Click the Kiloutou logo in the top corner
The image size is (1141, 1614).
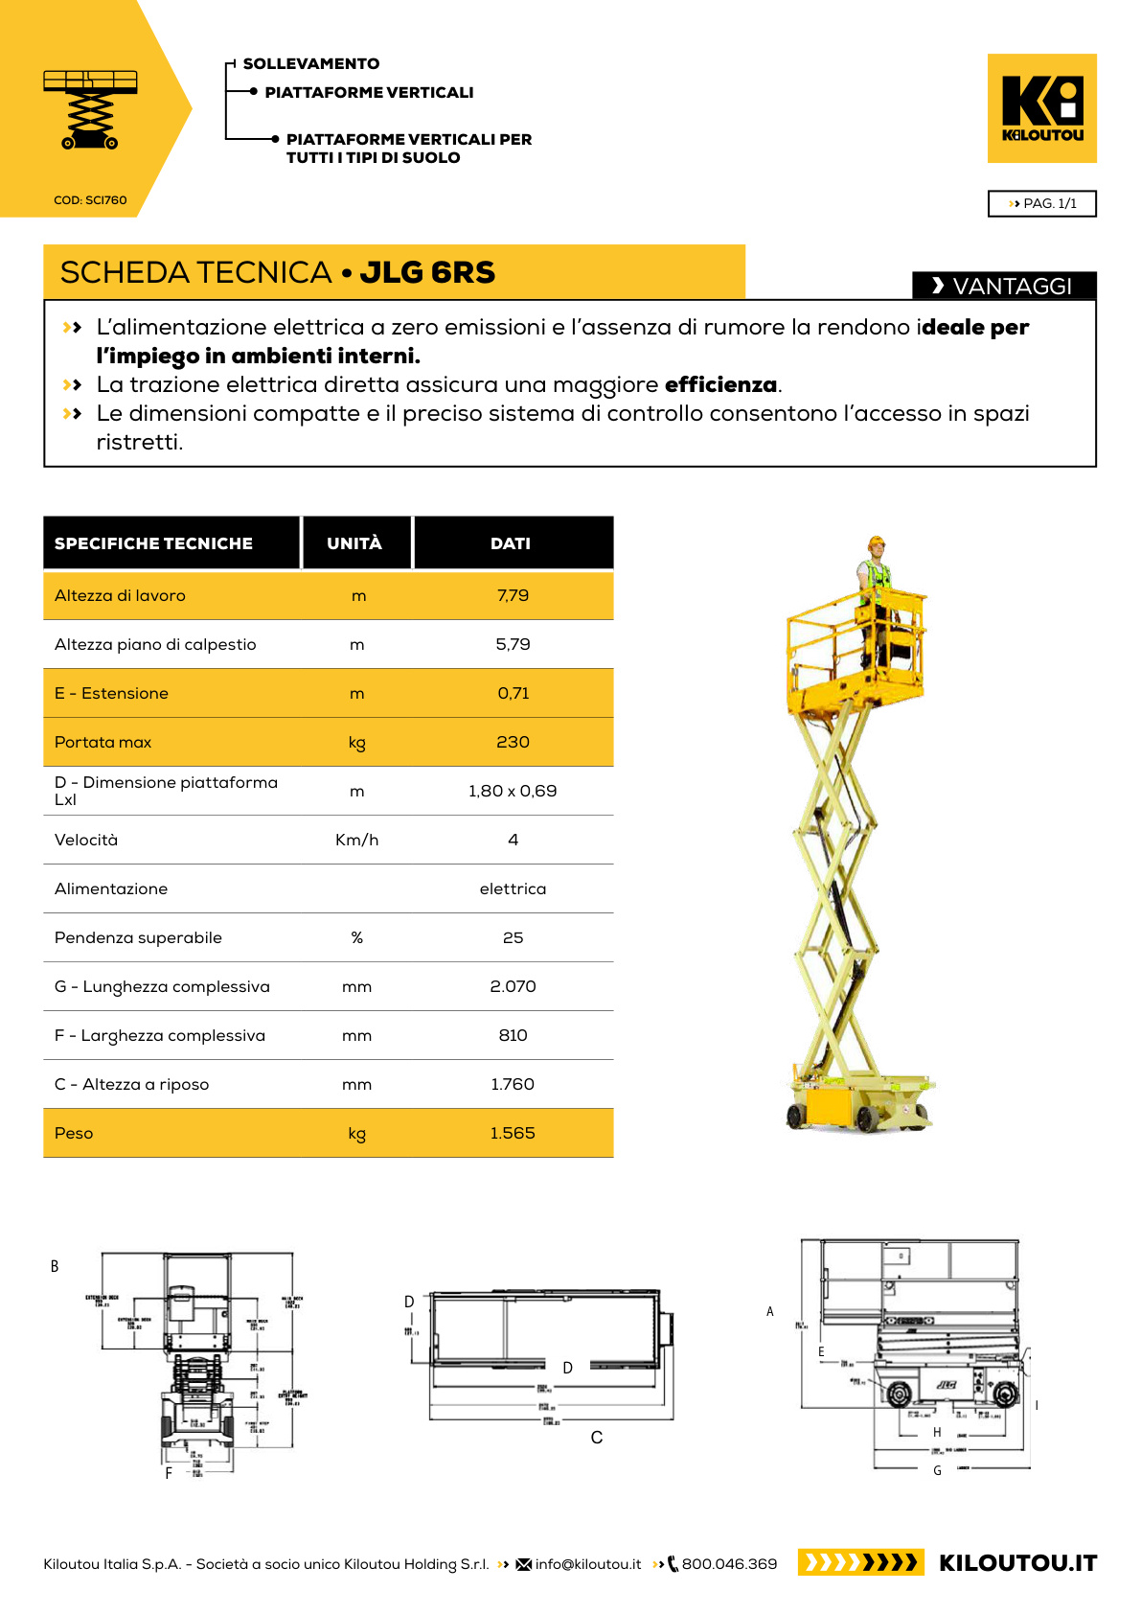point(1041,107)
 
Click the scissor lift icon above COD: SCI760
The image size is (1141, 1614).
point(90,109)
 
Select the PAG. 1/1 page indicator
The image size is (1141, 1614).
point(1041,203)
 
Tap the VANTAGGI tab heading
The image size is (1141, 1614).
point(1003,286)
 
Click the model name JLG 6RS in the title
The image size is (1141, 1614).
point(427,272)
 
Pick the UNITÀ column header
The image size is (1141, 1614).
point(354,543)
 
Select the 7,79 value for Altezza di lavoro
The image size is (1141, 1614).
point(513,595)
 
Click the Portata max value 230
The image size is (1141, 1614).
point(513,742)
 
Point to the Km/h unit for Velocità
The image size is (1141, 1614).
point(356,840)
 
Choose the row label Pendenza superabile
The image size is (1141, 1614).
point(138,937)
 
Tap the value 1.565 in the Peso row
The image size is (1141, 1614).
point(513,1133)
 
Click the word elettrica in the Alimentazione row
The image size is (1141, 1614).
point(513,888)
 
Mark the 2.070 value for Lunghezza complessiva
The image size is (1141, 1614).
point(513,986)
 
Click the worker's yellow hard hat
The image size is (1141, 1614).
point(876,542)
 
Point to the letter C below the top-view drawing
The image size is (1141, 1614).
point(597,1438)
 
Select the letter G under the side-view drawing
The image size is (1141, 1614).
point(937,1470)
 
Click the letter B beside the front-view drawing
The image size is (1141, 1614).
point(55,1266)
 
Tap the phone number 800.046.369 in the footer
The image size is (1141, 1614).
point(729,1564)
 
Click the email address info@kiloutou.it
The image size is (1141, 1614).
point(588,1564)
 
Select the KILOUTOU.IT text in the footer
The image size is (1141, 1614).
point(1017,1563)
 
